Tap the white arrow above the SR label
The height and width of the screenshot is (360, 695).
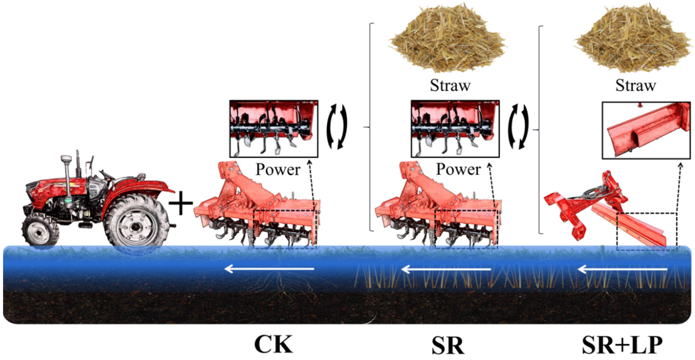(446, 269)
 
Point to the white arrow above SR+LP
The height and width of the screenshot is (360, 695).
(623, 269)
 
